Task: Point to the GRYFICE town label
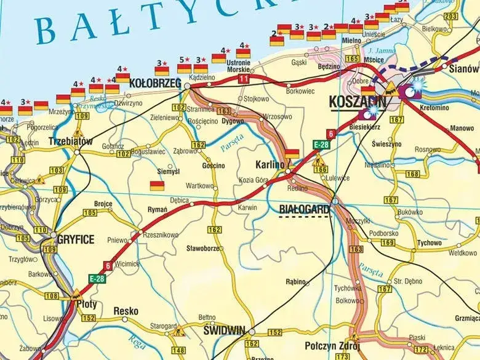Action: click(76, 239)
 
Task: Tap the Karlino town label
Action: click(270, 165)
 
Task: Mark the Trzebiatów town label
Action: click(70, 142)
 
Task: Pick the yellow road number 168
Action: click(413, 174)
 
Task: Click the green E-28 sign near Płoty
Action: click(97, 278)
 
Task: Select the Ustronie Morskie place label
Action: click(238, 66)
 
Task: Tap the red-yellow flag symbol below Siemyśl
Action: click(158, 185)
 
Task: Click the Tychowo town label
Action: click(428, 243)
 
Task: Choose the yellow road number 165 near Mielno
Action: click(352, 58)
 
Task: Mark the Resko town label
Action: click(126, 311)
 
